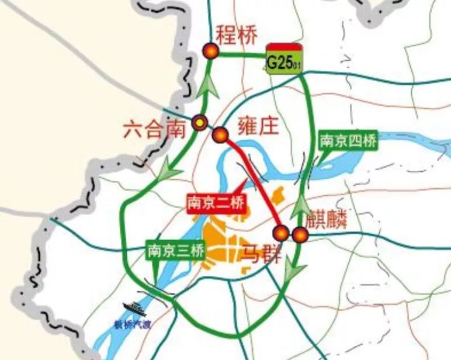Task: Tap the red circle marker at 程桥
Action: [210, 51]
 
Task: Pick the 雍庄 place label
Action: [258, 126]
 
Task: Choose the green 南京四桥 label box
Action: [348, 141]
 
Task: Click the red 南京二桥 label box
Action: [216, 203]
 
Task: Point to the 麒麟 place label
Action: [329, 220]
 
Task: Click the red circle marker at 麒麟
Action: [300, 235]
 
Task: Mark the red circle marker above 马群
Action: [282, 233]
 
